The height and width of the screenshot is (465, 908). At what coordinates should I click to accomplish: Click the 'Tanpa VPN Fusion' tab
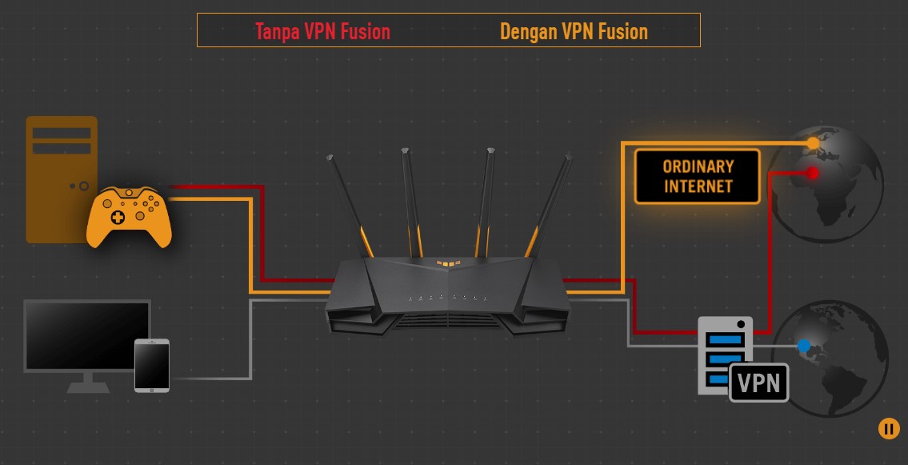pyautogui.click(x=322, y=31)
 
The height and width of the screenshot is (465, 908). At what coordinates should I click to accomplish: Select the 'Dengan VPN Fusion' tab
pyautogui.click(x=574, y=31)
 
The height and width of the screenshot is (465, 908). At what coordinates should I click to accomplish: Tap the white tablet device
pyautogui.click(x=152, y=365)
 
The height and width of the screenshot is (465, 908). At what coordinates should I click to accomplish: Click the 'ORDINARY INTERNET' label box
pyautogui.click(x=697, y=176)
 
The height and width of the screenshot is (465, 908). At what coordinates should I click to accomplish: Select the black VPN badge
pyautogui.click(x=758, y=382)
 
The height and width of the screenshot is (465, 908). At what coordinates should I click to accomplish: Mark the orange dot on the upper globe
pyautogui.click(x=813, y=143)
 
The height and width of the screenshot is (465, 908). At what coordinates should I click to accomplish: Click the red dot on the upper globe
pyautogui.click(x=813, y=173)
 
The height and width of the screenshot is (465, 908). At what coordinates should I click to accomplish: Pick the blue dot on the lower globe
pyautogui.click(x=804, y=346)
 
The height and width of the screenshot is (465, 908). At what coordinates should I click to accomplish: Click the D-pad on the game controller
pyautogui.click(x=118, y=217)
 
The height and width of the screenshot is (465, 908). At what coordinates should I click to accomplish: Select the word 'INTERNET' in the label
pyautogui.click(x=698, y=186)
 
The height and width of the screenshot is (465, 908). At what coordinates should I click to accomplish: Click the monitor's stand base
pyautogui.click(x=88, y=387)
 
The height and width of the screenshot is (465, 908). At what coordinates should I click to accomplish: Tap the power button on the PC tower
pyautogui.click(x=83, y=186)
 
